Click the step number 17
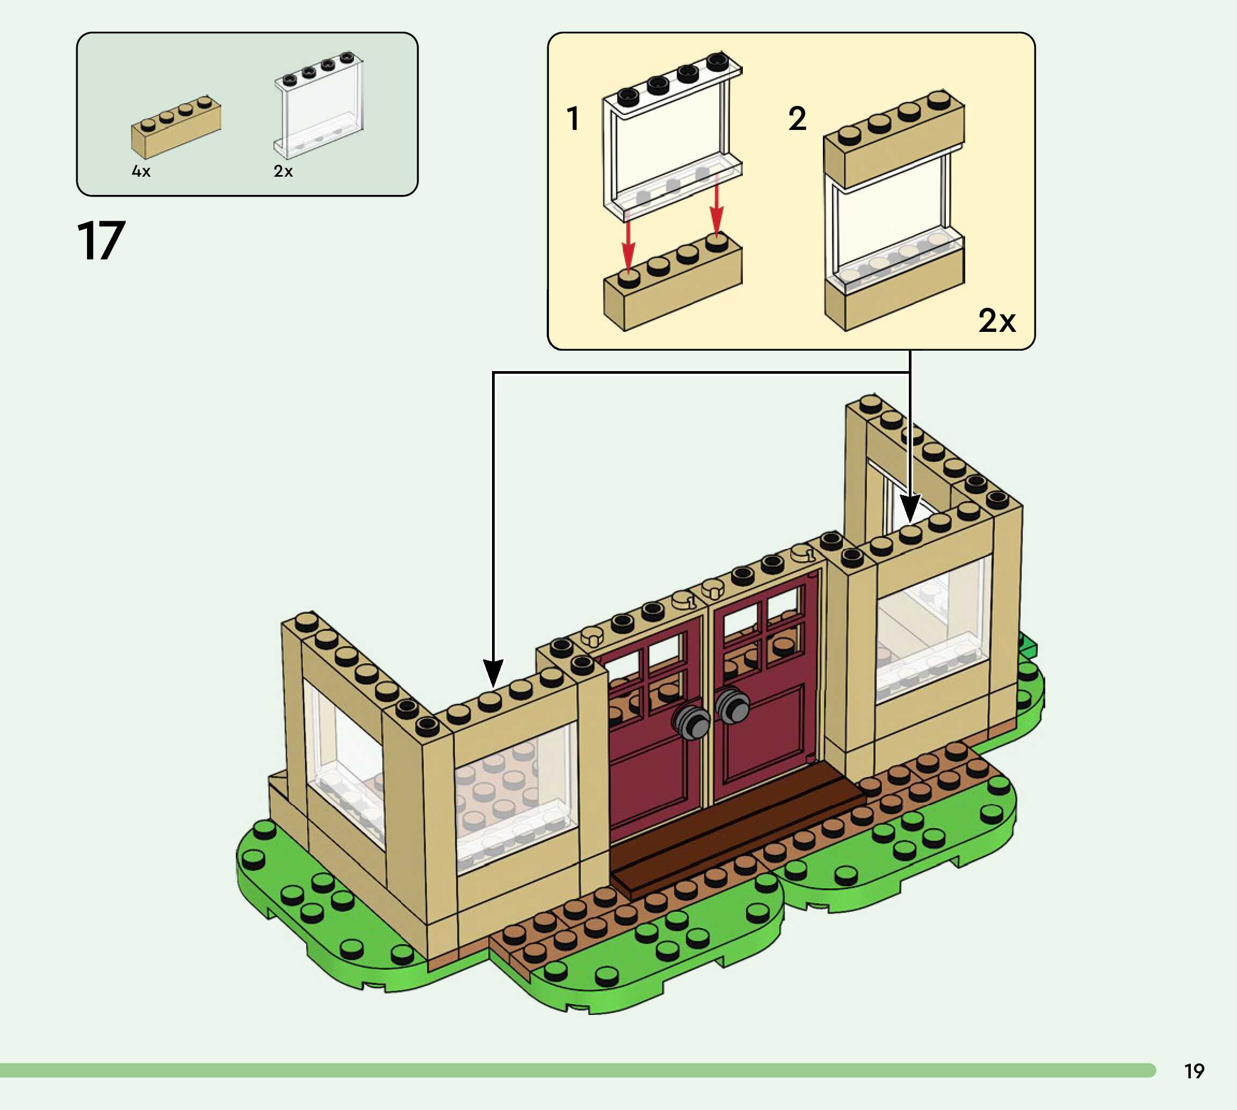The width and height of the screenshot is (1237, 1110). click(102, 242)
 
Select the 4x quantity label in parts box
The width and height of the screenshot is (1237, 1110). click(141, 171)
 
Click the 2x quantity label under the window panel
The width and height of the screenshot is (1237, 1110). click(283, 171)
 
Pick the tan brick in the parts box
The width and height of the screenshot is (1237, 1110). click(176, 127)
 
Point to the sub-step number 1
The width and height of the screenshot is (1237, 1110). click(572, 118)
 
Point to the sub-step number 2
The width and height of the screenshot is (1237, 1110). click(797, 118)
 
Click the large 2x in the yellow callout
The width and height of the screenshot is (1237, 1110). click(997, 320)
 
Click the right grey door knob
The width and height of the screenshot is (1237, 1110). click(732, 706)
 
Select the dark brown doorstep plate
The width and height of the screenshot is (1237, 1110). click(738, 830)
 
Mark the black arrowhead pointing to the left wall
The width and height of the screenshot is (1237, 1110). click(493, 672)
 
